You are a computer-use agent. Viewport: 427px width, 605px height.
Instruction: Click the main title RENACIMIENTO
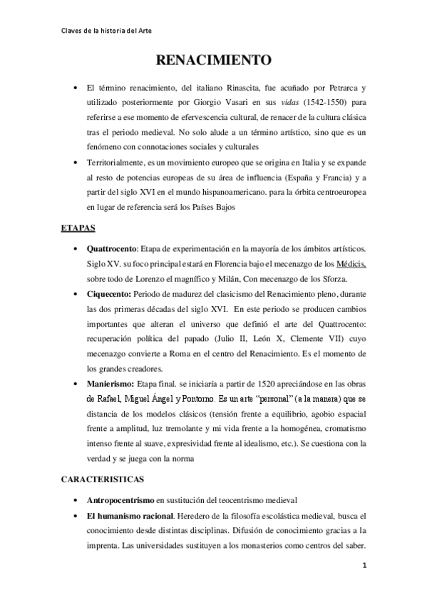coord(213,60)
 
